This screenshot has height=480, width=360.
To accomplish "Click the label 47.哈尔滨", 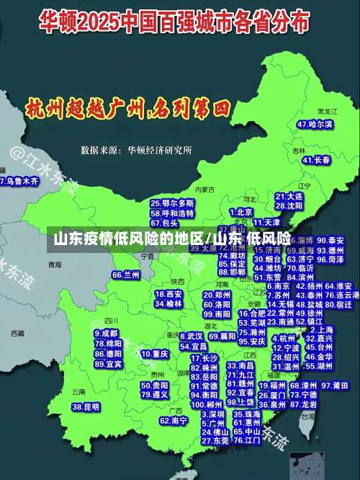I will pos(315,124).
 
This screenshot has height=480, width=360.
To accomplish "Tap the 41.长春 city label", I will pos(317,160).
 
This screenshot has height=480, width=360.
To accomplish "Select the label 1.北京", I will pos(241,213).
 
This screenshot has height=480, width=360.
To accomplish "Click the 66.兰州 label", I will pos(125,275).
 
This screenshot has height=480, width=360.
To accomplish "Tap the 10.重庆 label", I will pos(155,355).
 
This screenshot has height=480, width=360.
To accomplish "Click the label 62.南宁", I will pos(174,420).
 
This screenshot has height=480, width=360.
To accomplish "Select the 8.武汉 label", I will pos(190,336).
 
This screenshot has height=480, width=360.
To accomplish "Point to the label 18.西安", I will pos(169,294).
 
